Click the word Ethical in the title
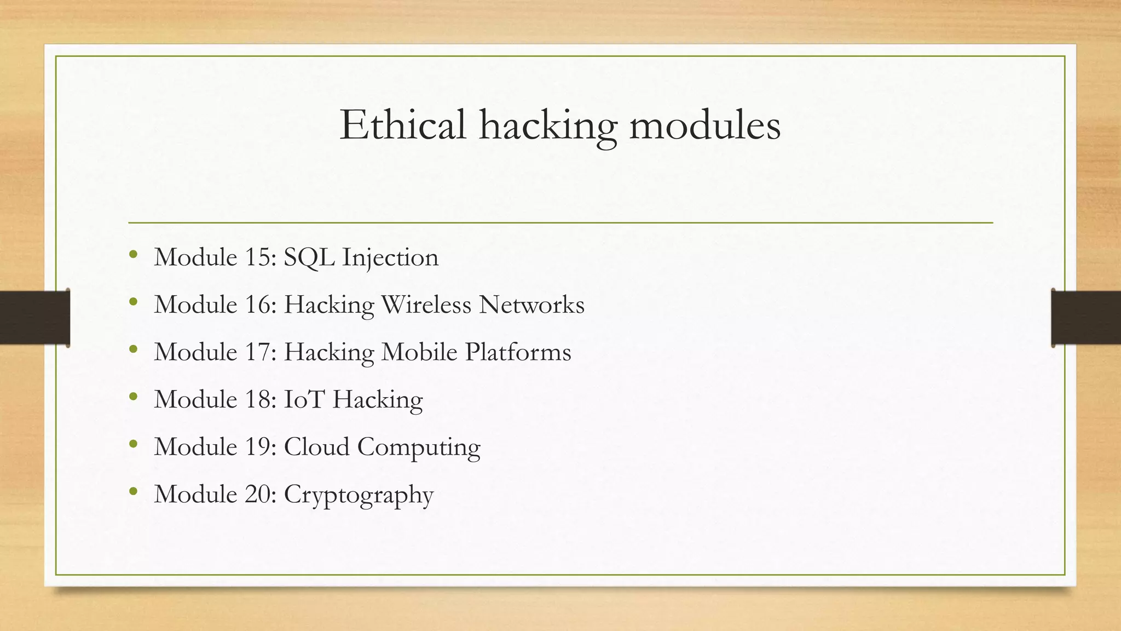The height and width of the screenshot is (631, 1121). click(403, 125)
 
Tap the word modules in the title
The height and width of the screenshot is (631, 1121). click(705, 125)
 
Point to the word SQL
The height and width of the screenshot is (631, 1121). click(309, 257)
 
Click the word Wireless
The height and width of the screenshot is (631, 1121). click(426, 305)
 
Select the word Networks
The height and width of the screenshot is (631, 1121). click(531, 305)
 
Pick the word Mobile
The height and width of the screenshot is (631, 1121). click(419, 352)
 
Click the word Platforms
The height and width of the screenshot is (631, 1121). click(518, 352)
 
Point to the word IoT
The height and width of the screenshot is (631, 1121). click(304, 399)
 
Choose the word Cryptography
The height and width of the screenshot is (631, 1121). click(359, 495)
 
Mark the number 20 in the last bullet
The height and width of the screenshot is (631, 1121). click(257, 494)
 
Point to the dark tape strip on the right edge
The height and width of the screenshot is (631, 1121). click(1086, 318)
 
